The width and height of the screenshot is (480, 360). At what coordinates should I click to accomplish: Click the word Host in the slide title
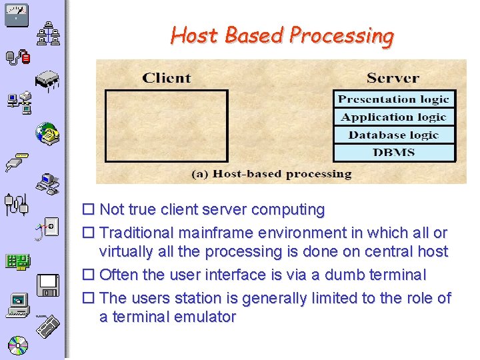tap(195, 35)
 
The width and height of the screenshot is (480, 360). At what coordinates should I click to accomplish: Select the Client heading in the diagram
tap(167, 78)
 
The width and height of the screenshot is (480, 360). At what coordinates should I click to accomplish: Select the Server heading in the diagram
tap(393, 78)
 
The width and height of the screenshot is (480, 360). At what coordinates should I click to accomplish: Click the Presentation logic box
tap(394, 99)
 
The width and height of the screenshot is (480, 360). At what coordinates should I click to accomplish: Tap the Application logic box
tap(394, 117)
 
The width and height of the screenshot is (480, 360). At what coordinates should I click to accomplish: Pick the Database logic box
tap(394, 135)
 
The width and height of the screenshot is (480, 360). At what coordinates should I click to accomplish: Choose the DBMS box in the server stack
tap(394, 153)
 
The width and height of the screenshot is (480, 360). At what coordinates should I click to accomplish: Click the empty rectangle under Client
tap(167, 126)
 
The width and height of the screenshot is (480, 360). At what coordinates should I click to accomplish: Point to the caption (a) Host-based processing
tap(271, 174)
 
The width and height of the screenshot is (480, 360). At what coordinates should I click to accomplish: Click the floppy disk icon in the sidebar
tap(49, 285)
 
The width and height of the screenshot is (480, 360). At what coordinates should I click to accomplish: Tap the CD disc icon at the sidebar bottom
tap(17, 345)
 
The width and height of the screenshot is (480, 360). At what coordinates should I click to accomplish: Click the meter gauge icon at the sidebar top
tap(16, 14)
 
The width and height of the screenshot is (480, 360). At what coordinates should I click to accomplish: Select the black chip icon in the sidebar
tap(50, 80)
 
